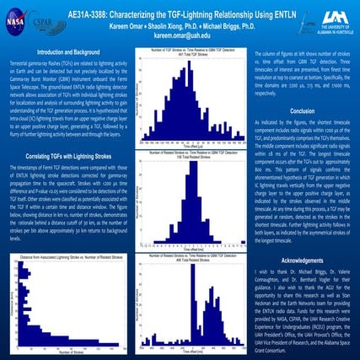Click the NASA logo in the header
click(19, 19)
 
